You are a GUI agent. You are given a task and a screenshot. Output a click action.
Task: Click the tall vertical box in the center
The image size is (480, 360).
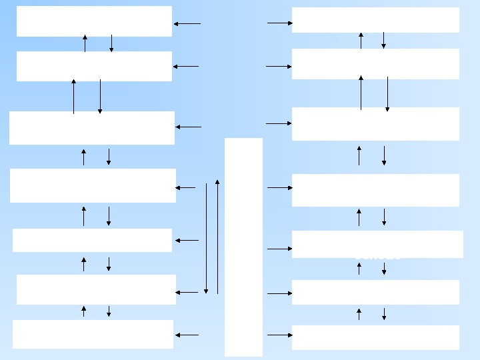243,247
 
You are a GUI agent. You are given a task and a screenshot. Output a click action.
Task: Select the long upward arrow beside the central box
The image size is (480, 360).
217,237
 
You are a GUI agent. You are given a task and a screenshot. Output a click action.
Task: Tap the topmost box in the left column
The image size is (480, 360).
94,21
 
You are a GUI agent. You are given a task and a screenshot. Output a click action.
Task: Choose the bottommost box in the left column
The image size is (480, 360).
93,334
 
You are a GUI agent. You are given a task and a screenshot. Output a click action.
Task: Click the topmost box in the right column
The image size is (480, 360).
375,20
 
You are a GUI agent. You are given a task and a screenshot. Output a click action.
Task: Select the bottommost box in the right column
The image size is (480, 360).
375,337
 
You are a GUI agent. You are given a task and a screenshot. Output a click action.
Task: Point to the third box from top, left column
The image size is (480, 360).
92,128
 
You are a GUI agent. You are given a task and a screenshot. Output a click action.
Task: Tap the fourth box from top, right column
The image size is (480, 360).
375,190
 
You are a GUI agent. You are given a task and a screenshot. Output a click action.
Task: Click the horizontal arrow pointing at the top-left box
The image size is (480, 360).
187,24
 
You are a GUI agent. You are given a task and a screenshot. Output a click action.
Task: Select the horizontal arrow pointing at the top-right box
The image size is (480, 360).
280,23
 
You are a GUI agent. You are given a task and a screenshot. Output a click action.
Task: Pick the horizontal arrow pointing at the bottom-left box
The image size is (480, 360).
187,335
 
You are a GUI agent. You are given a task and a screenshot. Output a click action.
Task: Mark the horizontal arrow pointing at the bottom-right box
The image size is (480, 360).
280,335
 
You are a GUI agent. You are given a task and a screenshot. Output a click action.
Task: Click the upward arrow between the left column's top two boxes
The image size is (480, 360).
85,43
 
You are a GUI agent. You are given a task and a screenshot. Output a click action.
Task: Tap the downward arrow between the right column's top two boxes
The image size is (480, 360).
384,40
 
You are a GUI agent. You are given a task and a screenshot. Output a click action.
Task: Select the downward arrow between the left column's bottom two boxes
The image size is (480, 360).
109,311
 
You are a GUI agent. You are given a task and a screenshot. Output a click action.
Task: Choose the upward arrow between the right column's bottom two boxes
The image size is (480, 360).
359,314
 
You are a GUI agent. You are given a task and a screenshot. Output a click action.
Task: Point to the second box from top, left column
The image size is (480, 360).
94,66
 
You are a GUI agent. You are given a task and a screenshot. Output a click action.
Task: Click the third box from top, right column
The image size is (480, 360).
375,124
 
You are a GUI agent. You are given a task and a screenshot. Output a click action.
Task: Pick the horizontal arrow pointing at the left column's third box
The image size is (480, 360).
189,127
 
